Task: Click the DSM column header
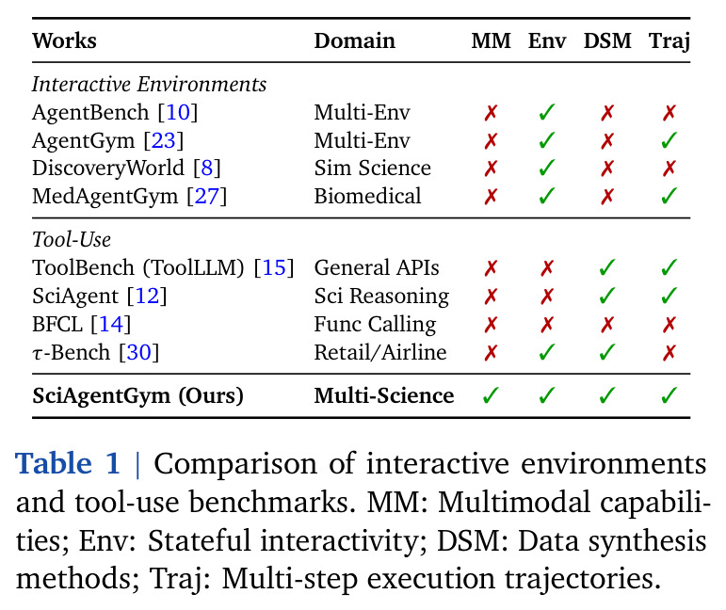(607, 40)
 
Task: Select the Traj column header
(670, 41)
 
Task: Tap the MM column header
(491, 40)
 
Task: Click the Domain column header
(355, 40)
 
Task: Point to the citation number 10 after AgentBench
(178, 112)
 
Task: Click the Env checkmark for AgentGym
(547, 140)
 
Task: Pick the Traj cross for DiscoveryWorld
(670, 169)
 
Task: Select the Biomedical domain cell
(367, 196)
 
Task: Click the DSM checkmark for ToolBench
(607, 267)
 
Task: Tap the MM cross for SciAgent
(491, 297)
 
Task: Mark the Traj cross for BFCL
(670, 325)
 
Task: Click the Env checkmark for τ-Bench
(547, 353)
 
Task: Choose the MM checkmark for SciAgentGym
(491, 395)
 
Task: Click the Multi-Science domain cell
(384, 395)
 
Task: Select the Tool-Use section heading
(72, 240)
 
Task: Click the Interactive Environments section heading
(149, 84)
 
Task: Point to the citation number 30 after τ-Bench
(139, 353)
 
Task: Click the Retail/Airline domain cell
(380, 353)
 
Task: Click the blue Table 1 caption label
(68, 463)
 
